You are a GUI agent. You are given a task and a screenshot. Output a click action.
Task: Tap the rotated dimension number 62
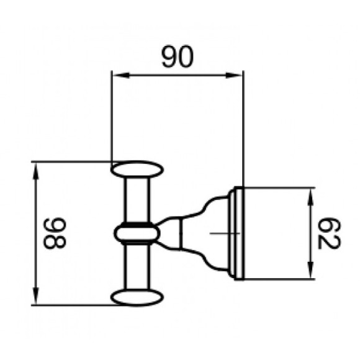[327, 233]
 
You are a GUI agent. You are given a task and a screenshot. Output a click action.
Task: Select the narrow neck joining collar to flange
[177, 233]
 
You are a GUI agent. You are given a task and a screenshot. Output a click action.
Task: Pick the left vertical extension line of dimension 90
[111, 118]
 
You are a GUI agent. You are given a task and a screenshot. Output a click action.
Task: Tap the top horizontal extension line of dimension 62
[279, 186]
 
